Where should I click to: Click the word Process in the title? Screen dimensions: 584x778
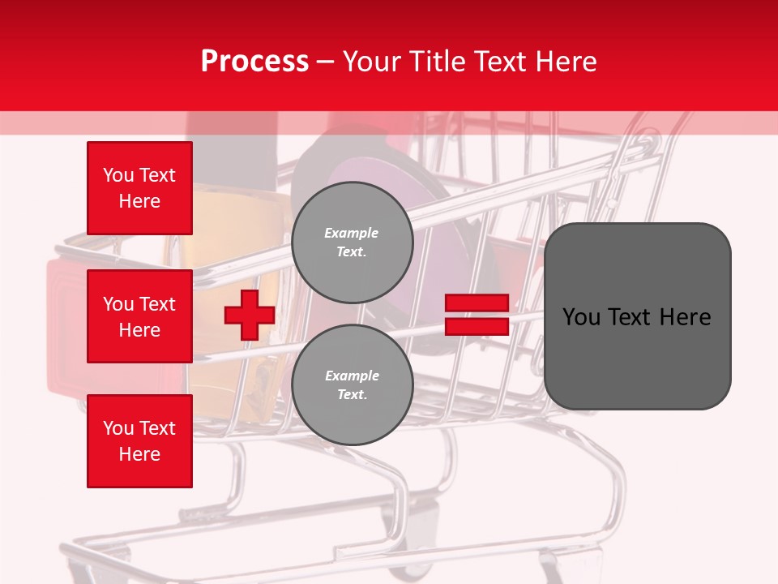point(254,62)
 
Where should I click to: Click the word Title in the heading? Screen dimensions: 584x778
point(435,62)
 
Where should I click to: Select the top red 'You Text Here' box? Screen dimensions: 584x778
point(139,188)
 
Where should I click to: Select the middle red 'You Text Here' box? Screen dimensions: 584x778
point(139,316)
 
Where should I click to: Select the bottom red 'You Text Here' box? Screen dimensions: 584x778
point(139,441)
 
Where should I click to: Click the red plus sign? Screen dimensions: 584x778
point(249,315)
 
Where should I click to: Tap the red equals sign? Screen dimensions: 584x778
point(477,315)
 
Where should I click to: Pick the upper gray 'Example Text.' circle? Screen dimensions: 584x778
point(352,242)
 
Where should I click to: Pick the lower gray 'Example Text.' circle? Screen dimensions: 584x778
point(352,384)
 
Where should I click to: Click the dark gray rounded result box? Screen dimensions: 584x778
point(637,316)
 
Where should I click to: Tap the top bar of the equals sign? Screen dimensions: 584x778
point(477,303)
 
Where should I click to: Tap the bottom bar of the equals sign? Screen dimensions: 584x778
point(477,327)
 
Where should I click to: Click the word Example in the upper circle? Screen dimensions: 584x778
point(352,233)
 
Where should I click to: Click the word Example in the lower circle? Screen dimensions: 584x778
point(352,376)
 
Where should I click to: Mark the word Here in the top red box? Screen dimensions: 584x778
point(139,201)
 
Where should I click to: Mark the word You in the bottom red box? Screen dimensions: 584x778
point(118,428)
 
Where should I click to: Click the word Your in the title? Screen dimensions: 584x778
point(374,62)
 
